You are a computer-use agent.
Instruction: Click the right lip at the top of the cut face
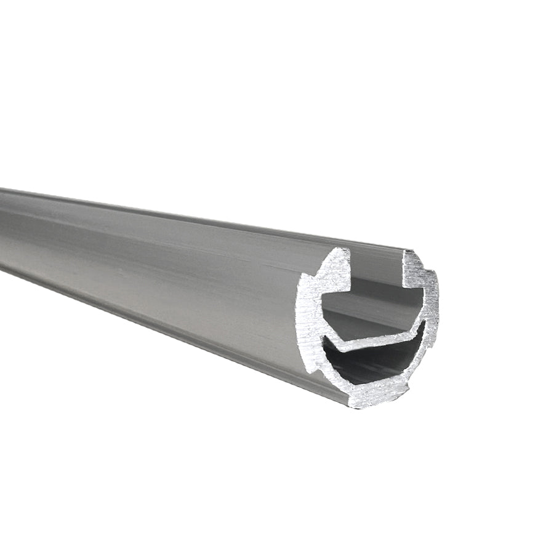412,265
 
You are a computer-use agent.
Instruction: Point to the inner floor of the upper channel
369,320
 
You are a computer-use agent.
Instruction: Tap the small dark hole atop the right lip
407,254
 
